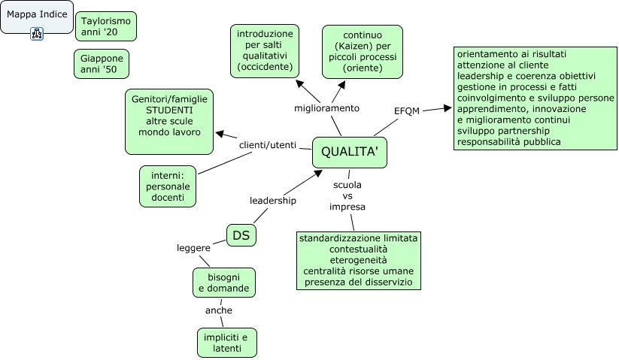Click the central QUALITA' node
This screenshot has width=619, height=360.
(x=349, y=152)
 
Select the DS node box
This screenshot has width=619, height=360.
(x=241, y=236)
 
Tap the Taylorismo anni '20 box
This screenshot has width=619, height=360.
(x=106, y=27)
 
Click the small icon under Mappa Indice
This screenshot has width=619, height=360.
(x=36, y=33)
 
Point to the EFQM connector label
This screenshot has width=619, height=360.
(x=407, y=111)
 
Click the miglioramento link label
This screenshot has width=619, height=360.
(x=327, y=108)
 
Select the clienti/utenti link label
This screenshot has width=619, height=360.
(x=268, y=145)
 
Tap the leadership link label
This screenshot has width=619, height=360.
(x=273, y=201)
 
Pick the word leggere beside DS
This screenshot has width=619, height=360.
(x=193, y=248)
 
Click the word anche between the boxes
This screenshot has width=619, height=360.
(x=219, y=310)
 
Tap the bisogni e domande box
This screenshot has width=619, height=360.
(x=223, y=283)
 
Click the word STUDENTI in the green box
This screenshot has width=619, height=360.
(x=169, y=110)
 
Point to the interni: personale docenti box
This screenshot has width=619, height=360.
(x=167, y=186)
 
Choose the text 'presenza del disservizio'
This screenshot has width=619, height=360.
(x=358, y=282)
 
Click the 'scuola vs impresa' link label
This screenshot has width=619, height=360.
(x=347, y=195)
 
